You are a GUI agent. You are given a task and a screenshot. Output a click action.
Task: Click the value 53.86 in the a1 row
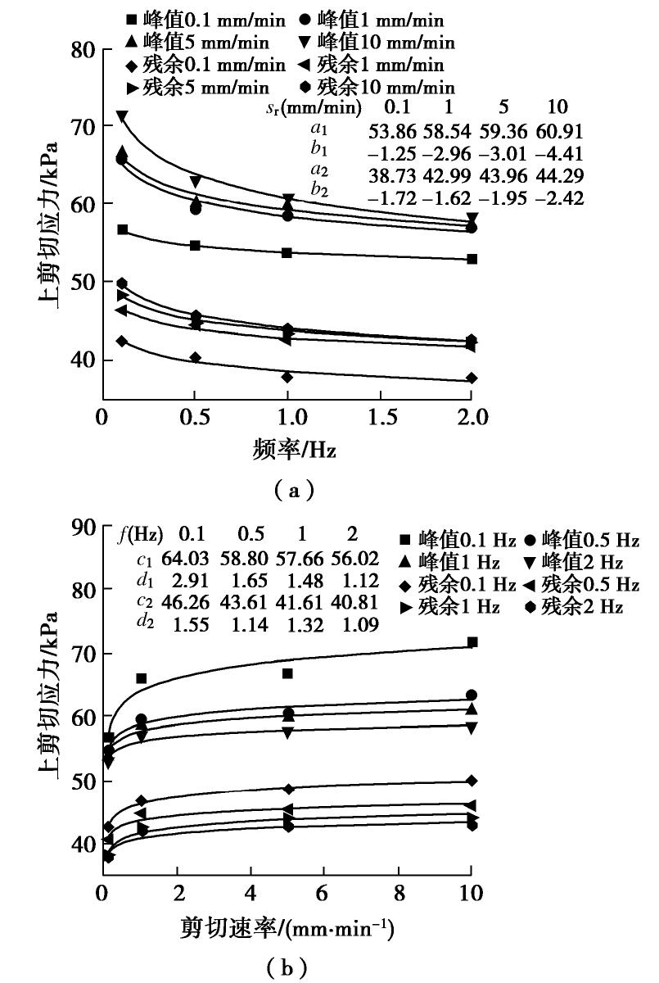pos(393,131)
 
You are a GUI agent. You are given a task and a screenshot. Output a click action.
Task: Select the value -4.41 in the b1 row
pos(561,152)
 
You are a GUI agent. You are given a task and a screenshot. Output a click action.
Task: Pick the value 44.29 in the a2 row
pos(563,174)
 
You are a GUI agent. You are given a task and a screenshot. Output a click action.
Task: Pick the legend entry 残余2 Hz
pos(575,607)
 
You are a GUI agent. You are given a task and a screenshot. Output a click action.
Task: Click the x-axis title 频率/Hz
pos(286,449)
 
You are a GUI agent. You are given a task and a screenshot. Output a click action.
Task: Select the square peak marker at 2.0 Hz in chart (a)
pos(472,259)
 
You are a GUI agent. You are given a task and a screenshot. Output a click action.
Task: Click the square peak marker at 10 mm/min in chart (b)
pos(472,642)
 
